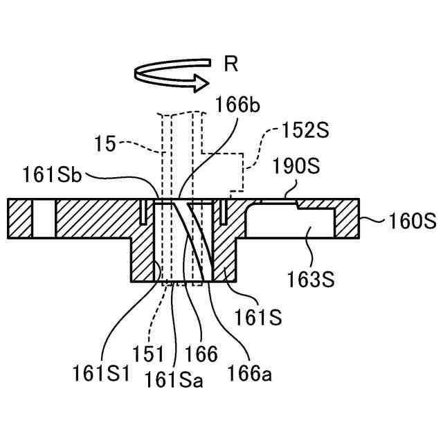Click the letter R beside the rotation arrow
231,65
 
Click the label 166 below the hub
201,354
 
